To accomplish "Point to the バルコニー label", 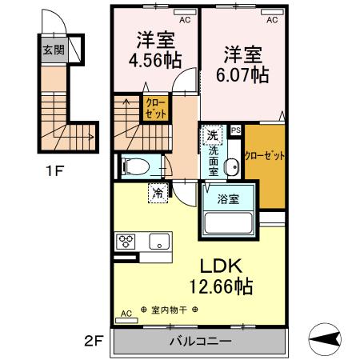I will (200, 342).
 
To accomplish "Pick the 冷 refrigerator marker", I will (158, 192).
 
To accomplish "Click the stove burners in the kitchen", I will (127, 240).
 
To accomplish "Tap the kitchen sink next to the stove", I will (156, 240).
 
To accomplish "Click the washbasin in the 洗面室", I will (232, 166).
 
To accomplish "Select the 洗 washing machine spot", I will (212, 134).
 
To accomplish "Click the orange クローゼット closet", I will (265, 157).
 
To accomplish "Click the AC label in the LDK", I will (126, 314).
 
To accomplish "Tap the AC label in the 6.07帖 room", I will (271, 19).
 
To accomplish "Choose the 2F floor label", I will (94, 341).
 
